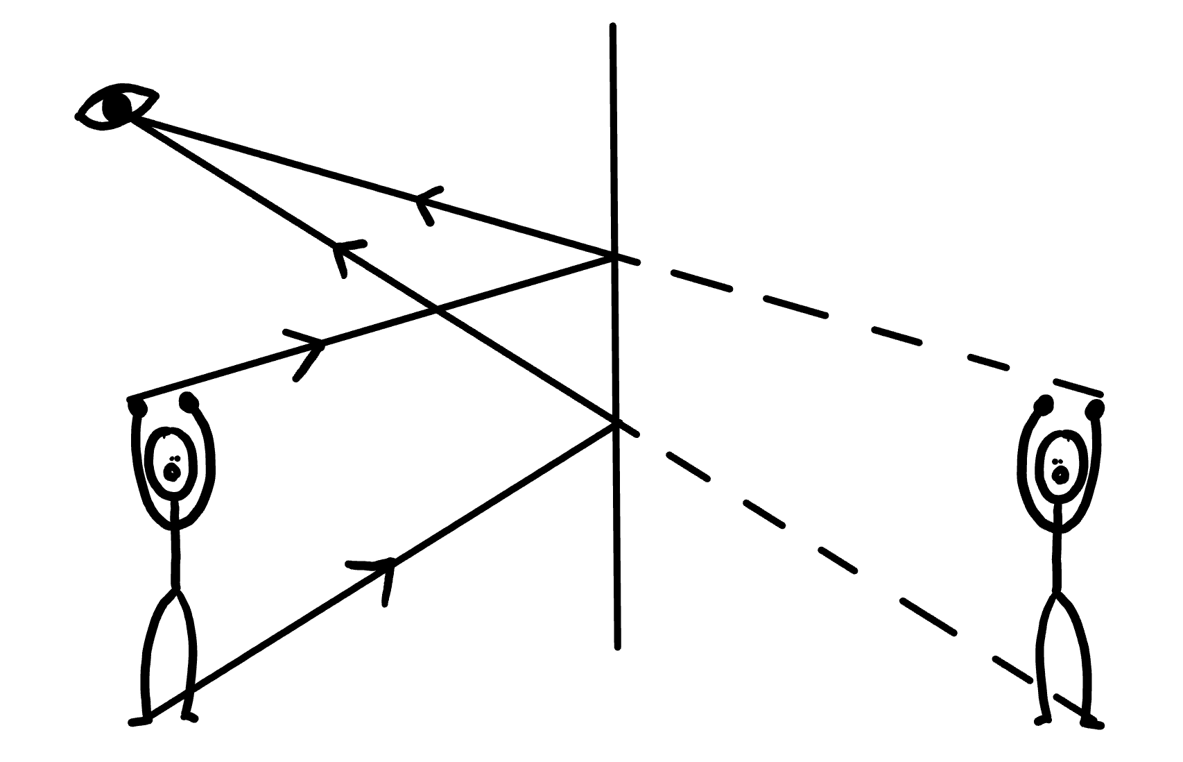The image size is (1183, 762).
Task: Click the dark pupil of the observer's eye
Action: tap(116, 107)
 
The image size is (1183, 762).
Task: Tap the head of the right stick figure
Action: tap(1058, 467)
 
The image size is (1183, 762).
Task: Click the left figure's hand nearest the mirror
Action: tap(188, 401)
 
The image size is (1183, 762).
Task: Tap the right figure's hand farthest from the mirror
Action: tap(1096, 409)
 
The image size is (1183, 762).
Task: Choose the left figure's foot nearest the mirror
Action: tap(189, 716)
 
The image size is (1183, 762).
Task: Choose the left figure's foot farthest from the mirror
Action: tap(139, 720)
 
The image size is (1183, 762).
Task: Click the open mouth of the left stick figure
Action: tap(171, 473)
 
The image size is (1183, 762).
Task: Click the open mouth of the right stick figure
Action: tap(1059, 475)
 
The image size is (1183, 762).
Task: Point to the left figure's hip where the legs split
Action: tap(176, 590)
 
